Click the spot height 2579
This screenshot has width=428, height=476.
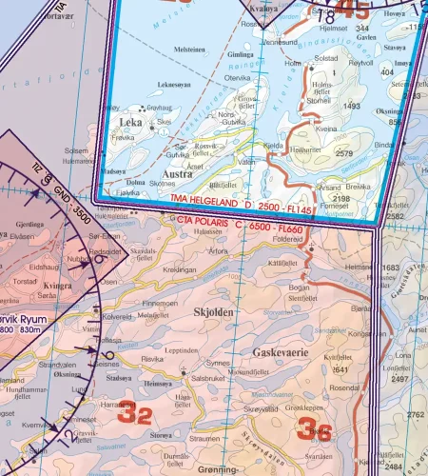[x=344, y=153]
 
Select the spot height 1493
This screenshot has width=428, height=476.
[x=351, y=107]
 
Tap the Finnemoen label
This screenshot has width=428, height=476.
[x=159, y=303]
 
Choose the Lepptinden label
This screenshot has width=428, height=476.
[x=181, y=350]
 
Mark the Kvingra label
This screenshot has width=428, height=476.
[x=58, y=284]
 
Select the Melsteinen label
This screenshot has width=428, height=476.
[x=188, y=49]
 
